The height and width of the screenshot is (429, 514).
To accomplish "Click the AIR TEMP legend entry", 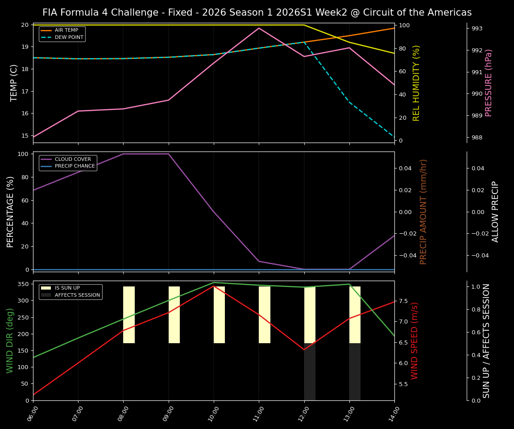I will click(66, 30).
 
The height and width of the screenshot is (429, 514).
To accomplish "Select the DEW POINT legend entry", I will click(69, 38).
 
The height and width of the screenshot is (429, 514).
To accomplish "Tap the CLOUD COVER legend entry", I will click(73, 159).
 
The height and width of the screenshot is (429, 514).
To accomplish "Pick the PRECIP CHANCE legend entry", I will click(75, 166).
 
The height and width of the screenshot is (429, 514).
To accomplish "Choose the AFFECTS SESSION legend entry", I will click(77, 295).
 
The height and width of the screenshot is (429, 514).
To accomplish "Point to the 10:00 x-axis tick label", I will click(211, 414).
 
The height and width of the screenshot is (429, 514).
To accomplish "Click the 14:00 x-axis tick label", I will click(391, 414).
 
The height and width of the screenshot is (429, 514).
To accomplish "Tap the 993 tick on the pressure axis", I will click(477, 29).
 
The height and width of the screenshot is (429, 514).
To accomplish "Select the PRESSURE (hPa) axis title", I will click(489, 83).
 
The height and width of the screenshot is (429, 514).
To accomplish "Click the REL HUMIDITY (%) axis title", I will click(417, 83).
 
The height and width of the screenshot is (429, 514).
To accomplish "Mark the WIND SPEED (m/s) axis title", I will click(415, 341).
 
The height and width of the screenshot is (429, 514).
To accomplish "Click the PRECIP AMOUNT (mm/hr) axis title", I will click(424, 212).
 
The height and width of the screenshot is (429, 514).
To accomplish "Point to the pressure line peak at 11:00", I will click(259, 28).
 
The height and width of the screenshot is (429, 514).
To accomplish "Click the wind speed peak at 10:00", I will click(214, 286).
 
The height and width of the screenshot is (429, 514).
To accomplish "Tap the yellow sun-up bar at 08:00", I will click(129, 315).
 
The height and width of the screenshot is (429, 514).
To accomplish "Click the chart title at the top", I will click(257, 13).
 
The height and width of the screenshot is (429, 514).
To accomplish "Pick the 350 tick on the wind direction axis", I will click(25, 284).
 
